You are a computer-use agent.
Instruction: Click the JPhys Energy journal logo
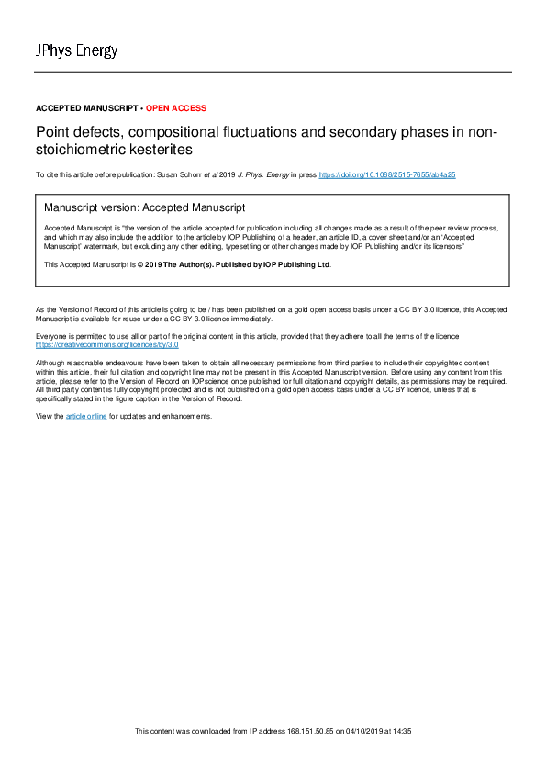tap(76, 50)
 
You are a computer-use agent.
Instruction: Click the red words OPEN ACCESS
tap(176, 108)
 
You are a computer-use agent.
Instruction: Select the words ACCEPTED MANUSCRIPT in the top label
tap(88, 108)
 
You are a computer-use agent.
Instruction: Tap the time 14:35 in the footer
tap(400, 731)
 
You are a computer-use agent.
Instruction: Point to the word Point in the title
tap(51, 132)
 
